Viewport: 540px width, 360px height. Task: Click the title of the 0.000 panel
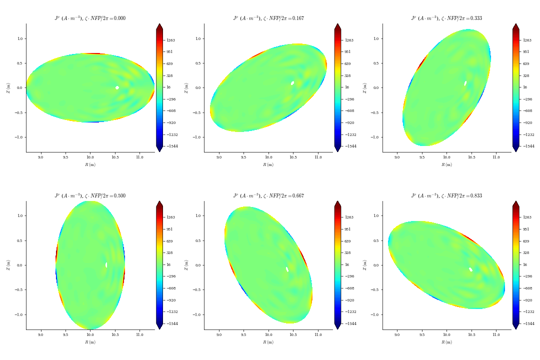[x=90, y=18]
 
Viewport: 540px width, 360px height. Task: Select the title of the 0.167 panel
[x=268, y=18]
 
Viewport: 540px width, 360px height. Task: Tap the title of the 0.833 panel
[x=446, y=196]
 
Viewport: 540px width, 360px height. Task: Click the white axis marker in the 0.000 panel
[x=117, y=87]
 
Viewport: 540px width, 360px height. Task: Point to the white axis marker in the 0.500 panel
[x=106, y=265]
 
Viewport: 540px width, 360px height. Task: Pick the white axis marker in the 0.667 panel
[x=287, y=269]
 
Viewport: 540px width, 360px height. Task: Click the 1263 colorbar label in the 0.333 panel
[x=527, y=40]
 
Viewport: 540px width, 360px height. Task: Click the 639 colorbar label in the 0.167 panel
[x=348, y=63]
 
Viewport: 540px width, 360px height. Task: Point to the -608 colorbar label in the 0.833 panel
[x=527, y=288]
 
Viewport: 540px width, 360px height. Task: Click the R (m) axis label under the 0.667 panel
[x=268, y=342]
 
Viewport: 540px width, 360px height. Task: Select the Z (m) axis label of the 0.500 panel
[x=8, y=265]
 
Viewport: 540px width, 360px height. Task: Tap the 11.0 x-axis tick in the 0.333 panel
[x=496, y=157]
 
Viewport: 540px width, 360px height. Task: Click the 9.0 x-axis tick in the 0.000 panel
[x=40, y=157]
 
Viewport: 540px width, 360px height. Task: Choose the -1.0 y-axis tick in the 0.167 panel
[x=197, y=137]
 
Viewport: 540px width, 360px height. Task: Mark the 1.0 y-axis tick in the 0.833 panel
[x=376, y=215]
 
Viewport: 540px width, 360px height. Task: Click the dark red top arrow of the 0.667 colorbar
[x=337, y=204]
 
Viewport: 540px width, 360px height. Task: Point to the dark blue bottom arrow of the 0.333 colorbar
[x=515, y=148]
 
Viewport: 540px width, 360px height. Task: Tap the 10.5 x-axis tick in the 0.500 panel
[x=115, y=334]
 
